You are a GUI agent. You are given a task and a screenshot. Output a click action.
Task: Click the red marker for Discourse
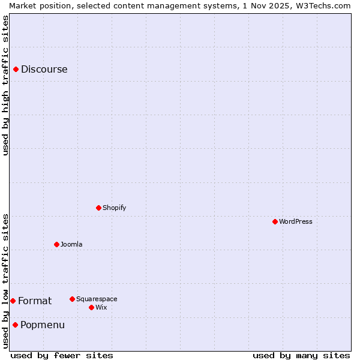(x=16, y=70)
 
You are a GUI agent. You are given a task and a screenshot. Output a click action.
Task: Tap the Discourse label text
(x=44, y=70)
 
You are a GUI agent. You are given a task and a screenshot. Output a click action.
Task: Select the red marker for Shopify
(x=98, y=208)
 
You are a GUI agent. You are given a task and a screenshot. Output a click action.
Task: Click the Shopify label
(x=114, y=208)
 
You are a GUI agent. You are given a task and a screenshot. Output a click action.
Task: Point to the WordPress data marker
(x=275, y=221)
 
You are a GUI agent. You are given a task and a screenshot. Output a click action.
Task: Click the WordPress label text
(x=295, y=221)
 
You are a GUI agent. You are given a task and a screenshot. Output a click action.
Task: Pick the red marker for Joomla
(x=56, y=244)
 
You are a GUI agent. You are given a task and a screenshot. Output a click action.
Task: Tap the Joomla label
(x=71, y=244)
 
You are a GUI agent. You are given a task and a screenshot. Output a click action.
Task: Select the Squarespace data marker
(x=72, y=299)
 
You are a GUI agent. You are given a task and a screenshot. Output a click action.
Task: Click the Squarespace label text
(x=97, y=299)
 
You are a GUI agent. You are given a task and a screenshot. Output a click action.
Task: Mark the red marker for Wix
(x=91, y=307)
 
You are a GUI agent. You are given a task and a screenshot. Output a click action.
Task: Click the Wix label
(x=101, y=307)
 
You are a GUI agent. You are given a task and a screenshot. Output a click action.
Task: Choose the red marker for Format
(x=13, y=301)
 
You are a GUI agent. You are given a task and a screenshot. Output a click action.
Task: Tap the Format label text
(x=35, y=301)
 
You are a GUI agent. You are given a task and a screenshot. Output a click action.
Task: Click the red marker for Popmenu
(x=15, y=325)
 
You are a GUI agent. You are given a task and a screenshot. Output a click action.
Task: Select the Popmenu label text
(x=43, y=325)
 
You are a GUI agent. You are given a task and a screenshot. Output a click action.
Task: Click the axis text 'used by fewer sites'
(x=62, y=355)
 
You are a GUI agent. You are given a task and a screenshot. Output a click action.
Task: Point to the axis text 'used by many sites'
(x=301, y=355)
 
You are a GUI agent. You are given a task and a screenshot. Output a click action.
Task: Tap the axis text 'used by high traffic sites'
(x=5, y=85)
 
